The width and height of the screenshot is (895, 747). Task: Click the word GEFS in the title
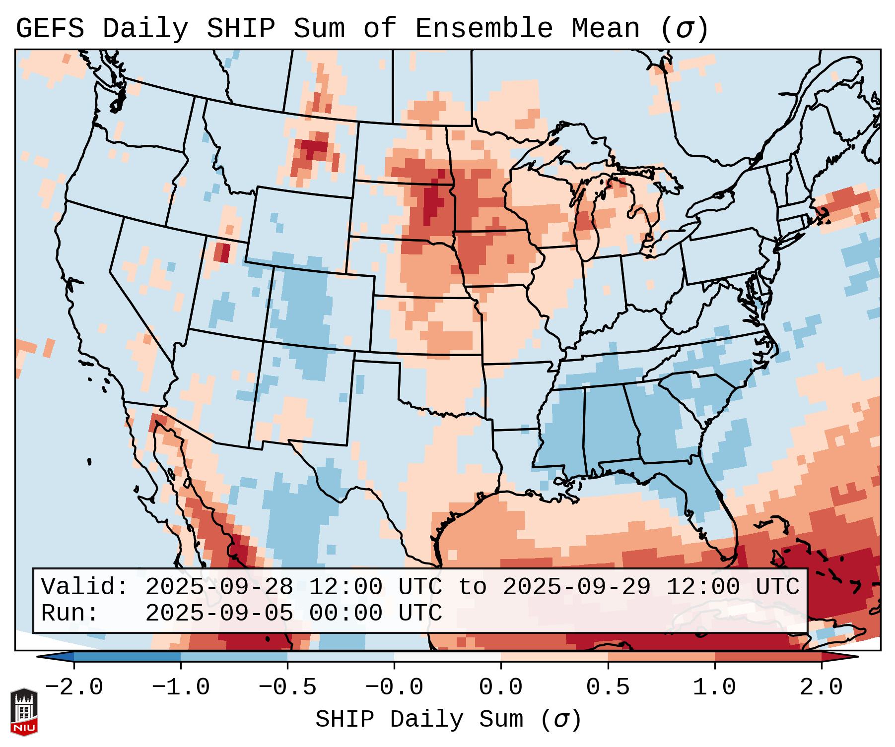coord(50,28)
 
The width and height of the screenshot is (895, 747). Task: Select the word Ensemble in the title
coord(483,28)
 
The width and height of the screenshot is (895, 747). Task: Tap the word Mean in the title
coord(606,28)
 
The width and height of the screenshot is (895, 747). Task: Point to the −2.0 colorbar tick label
coord(74,687)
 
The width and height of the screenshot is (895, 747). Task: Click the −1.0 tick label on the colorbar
coord(181,687)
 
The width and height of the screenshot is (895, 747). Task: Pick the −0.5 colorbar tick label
coord(287,687)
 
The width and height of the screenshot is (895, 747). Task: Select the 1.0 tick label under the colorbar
coord(714,687)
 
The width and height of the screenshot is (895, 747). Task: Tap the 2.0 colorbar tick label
coord(821,687)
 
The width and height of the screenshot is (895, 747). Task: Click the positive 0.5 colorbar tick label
coord(608,687)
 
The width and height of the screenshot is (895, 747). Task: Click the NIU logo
coord(24,712)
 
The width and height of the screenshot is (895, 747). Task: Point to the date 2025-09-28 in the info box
coord(219,587)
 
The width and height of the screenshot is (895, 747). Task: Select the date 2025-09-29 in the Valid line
coord(577,587)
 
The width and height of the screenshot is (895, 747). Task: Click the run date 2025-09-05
coord(219,613)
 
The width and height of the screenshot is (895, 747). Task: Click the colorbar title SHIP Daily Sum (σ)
coord(448,719)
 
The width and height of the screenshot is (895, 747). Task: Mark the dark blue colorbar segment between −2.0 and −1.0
coord(127,657)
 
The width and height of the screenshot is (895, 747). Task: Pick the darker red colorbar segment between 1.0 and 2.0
coord(768,657)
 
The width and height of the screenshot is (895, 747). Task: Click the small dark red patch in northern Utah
coord(222,252)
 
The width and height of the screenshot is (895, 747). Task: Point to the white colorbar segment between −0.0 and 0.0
coord(447,657)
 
